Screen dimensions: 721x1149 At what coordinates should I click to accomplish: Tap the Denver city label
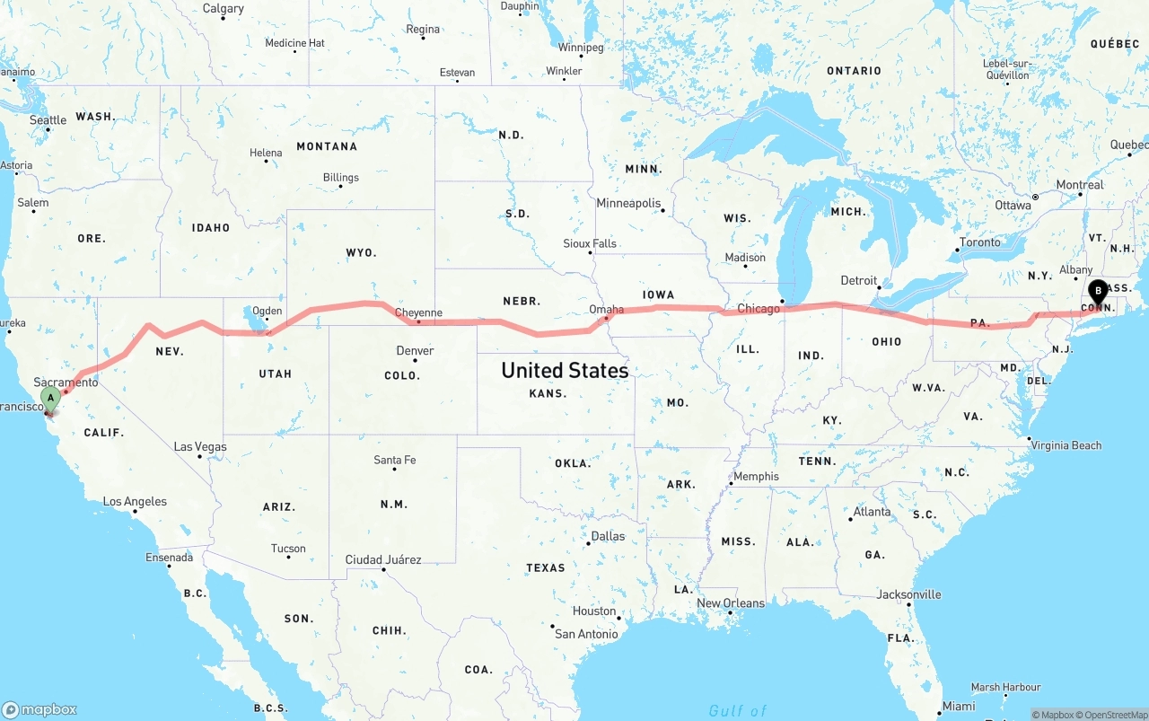[415, 350]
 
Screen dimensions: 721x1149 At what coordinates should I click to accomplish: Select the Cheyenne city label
[419, 313]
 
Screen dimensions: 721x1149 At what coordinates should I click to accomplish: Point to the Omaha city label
[607, 310]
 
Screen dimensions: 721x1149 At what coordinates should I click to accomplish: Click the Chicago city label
[759, 309]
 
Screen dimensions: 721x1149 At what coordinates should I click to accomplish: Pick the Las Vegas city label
[200, 446]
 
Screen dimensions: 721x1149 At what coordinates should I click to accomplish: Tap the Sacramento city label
[66, 382]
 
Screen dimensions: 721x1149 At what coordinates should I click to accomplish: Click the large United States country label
[565, 370]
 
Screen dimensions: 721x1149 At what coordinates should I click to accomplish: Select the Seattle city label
[48, 120]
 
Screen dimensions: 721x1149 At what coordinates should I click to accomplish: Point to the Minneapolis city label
[628, 204]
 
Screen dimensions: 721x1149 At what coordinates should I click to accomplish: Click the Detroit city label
[859, 280]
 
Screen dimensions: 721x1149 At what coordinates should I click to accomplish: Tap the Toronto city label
[979, 242]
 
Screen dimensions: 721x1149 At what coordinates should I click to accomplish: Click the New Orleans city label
[731, 603]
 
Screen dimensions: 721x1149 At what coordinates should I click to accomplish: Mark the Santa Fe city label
[395, 460]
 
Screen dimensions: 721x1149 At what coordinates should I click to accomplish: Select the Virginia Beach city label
[1066, 445]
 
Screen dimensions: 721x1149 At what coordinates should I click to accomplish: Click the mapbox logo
[39, 709]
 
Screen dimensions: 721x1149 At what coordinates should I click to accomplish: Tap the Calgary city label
[223, 9]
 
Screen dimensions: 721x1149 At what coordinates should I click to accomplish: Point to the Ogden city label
[267, 311]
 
